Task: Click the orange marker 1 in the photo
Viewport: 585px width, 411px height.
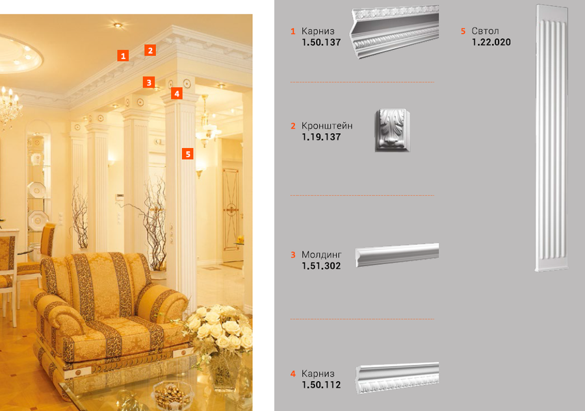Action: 123,56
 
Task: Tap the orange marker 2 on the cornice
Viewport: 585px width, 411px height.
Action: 150,50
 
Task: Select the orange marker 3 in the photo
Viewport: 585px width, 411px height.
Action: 149,82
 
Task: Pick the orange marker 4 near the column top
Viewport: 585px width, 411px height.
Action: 177,93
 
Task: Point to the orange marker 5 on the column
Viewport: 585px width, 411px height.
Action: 188,153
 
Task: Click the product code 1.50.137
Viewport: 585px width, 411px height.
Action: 321,42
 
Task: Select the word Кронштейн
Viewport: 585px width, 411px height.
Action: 327,125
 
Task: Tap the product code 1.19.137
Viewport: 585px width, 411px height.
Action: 321,137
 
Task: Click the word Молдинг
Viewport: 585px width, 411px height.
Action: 322,255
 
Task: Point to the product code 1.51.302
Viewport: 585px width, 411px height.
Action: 321,266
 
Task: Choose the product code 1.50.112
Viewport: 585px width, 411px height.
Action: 321,385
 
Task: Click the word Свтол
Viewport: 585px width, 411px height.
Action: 485,31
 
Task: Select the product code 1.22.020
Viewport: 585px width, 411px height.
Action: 491,42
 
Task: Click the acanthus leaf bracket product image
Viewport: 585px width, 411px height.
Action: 392,130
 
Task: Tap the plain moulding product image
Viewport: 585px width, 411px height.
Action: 397,255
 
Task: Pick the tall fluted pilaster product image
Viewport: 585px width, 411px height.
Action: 552,138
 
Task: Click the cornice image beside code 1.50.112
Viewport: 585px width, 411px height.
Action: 397,378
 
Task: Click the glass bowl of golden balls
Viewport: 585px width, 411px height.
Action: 172,395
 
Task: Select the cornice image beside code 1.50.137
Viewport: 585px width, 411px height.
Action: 395,32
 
